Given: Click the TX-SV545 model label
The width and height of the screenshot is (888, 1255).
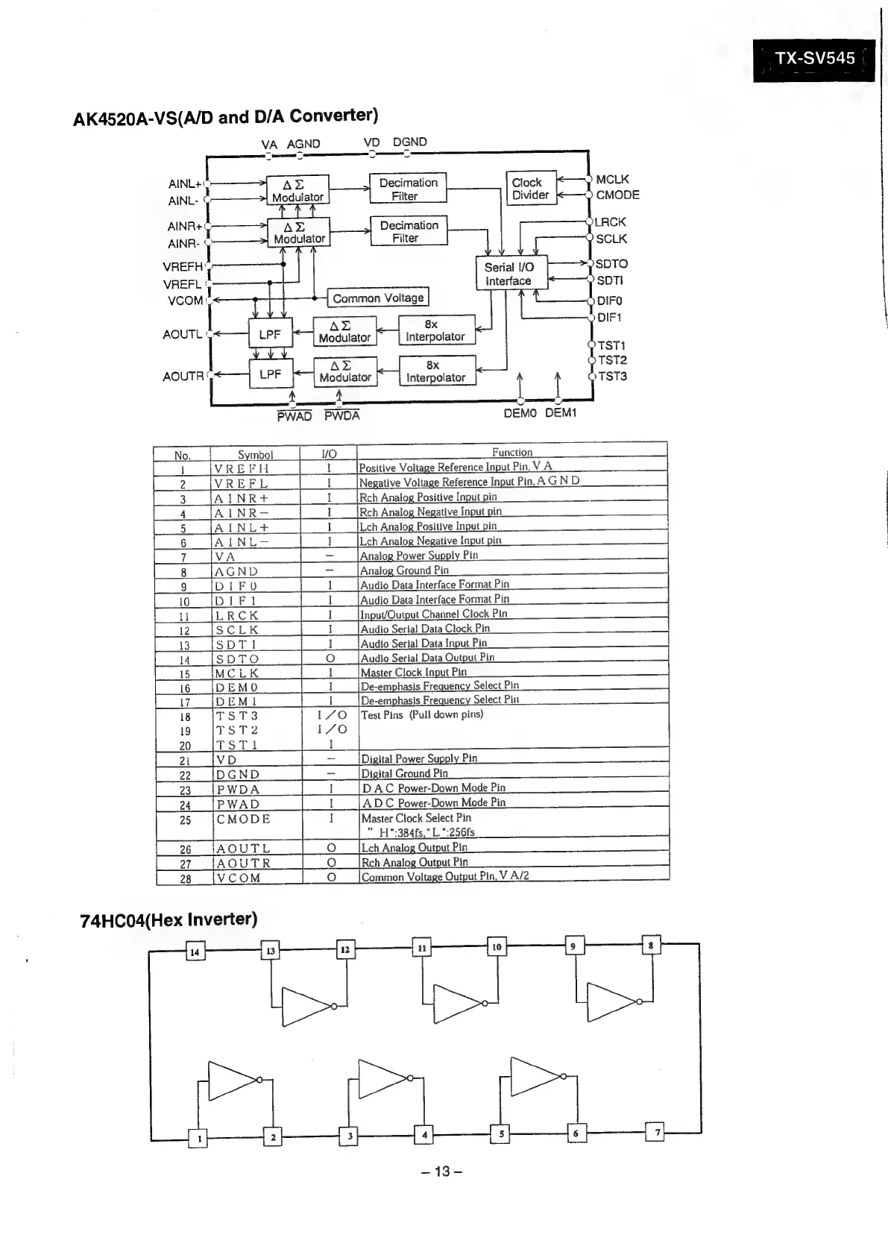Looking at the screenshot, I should click(x=814, y=58).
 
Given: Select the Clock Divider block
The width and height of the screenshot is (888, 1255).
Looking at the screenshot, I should click(x=530, y=188).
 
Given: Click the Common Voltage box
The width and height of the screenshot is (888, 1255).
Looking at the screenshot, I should click(x=378, y=298).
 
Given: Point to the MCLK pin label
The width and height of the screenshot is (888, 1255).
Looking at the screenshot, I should click(x=612, y=179).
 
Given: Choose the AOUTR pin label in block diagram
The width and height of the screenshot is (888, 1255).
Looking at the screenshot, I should click(x=183, y=377).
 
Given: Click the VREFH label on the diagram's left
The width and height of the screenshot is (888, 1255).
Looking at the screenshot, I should click(x=183, y=266).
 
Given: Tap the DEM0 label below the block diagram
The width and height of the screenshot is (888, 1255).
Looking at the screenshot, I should click(x=520, y=412).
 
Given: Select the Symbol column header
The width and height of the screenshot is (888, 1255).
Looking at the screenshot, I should click(x=255, y=454).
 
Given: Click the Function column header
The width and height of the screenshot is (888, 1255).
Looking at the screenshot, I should click(x=511, y=452).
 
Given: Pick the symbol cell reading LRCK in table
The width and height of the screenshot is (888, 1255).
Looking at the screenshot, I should click(x=237, y=615).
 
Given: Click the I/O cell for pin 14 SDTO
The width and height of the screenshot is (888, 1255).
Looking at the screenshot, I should click(x=330, y=658).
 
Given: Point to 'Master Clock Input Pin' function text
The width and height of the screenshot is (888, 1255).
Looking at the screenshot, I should click(x=413, y=672).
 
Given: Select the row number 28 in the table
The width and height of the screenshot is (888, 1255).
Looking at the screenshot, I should click(x=185, y=878).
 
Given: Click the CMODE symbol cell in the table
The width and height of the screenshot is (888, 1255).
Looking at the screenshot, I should click(x=243, y=819).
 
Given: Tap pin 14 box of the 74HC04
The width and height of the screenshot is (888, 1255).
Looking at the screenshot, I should click(x=195, y=952).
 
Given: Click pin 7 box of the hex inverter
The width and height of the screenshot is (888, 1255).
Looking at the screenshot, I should click(x=657, y=1132).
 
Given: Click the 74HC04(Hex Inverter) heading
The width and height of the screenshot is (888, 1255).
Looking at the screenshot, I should click(x=169, y=919).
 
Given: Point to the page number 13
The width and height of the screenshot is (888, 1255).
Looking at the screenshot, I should click(x=442, y=1171).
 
